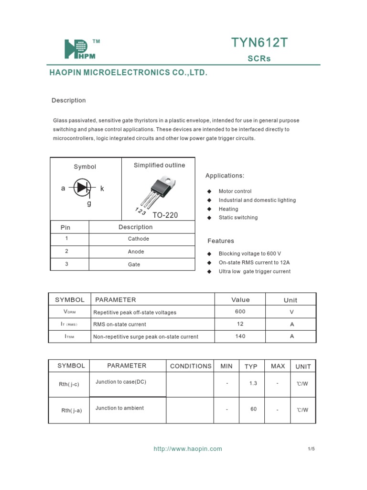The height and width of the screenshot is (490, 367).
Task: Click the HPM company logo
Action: pyautogui.click(x=80, y=49)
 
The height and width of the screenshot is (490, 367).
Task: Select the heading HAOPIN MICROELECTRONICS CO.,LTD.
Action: pyautogui.click(x=129, y=73)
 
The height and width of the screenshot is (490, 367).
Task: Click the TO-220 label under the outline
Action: pyautogui.click(x=165, y=215)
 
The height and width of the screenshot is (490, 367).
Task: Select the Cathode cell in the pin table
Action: pyautogui.click(x=139, y=239)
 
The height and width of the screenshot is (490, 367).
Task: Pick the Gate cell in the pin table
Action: pyautogui.click(x=134, y=264)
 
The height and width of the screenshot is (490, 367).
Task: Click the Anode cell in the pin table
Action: pyautogui.click(x=136, y=252)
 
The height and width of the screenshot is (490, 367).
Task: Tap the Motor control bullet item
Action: pyautogui.click(x=235, y=191)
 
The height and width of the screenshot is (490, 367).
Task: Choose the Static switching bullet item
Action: pyautogui.click(x=238, y=217)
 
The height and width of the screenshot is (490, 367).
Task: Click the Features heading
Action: pyautogui.click(x=221, y=241)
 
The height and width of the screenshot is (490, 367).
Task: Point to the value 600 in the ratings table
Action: pyautogui.click(x=240, y=312)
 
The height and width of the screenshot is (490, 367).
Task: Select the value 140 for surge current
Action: pyautogui.click(x=240, y=336)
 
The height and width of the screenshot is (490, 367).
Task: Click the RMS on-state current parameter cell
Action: pyautogui.click(x=120, y=324)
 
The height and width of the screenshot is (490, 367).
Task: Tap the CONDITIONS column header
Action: pyautogui.click(x=191, y=366)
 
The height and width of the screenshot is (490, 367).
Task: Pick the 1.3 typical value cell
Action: pyautogui.click(x=253, y=384)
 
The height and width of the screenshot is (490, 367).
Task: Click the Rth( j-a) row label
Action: pyautogui.click(x=72, y=411)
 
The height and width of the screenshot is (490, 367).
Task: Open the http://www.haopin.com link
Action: pyautogui.click(x=188, y=449)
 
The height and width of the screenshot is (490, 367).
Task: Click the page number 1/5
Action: pyautogui.click(x=311, y=449)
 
